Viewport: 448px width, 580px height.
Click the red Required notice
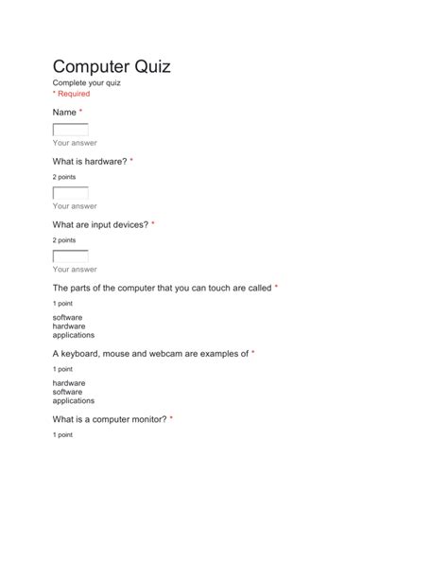click(x=72, y=95)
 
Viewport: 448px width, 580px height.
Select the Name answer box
click(x=70, y=131)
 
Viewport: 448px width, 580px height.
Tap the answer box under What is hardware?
click(x=70, y=193)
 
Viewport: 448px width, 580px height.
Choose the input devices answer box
click(x=70, y=256)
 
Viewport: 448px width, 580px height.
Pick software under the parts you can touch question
click(x=68, y=317)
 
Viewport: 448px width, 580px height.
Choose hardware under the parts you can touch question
click(x=69, y=326)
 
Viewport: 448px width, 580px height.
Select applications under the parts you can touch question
click(x=74, y=335)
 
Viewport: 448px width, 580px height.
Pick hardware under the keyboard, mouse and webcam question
click(x=69, y=382)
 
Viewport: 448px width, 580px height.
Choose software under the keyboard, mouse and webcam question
click(x=68, y=391)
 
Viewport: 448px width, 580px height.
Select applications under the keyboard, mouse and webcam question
click(x=74, y=400)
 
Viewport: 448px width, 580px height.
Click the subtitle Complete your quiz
click(x=87, y=83)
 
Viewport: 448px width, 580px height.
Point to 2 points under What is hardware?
click(x=64, y=177)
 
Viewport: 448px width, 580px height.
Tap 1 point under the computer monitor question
click(x=62, y=434)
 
